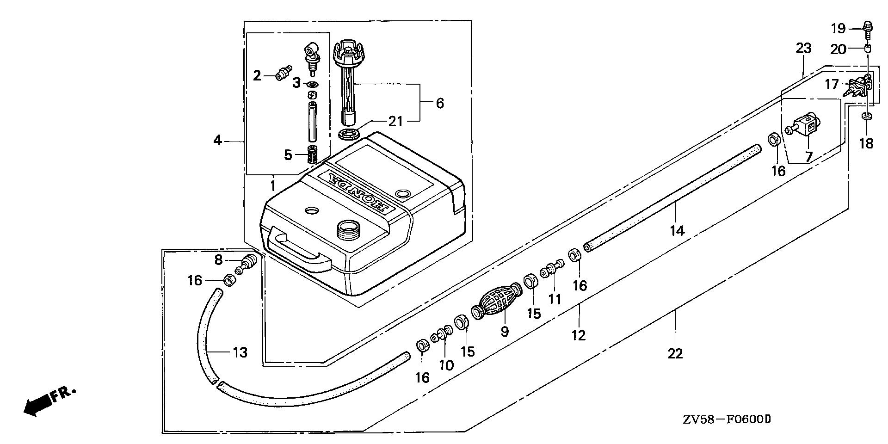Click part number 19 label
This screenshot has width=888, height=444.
838,29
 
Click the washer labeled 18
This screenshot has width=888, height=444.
868,116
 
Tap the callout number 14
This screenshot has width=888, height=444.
677,230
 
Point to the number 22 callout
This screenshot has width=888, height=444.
675,353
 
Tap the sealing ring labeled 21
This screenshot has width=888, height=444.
349,135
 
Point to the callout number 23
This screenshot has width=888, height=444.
803,49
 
